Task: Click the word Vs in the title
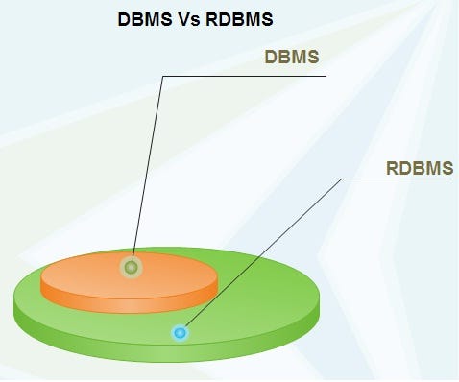(188, 19)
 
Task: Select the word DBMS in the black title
(144, 19)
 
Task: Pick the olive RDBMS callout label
(419, 170)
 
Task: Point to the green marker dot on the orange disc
(131, 268)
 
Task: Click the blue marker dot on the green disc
(180, 333)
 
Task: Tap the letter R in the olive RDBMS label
(392, 170)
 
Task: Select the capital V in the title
(182, 19)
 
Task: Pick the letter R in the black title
(211, 19)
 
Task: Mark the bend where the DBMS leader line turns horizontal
(163, 75)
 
